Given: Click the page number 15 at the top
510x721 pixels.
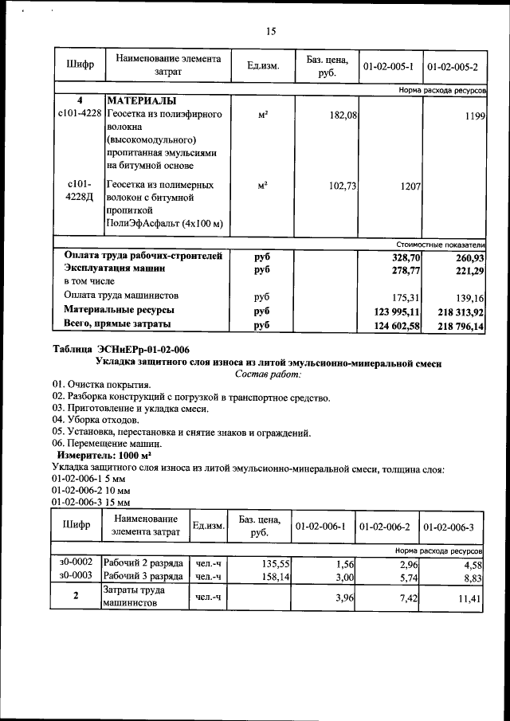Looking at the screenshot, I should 270,32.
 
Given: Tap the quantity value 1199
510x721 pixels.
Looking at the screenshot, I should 475,116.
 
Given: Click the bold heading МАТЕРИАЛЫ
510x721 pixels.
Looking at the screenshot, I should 142,102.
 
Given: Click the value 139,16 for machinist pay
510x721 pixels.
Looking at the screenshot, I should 469,296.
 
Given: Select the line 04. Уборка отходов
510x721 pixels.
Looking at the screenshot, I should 96,419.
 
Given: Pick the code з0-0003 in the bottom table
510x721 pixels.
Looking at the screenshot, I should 76,576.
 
